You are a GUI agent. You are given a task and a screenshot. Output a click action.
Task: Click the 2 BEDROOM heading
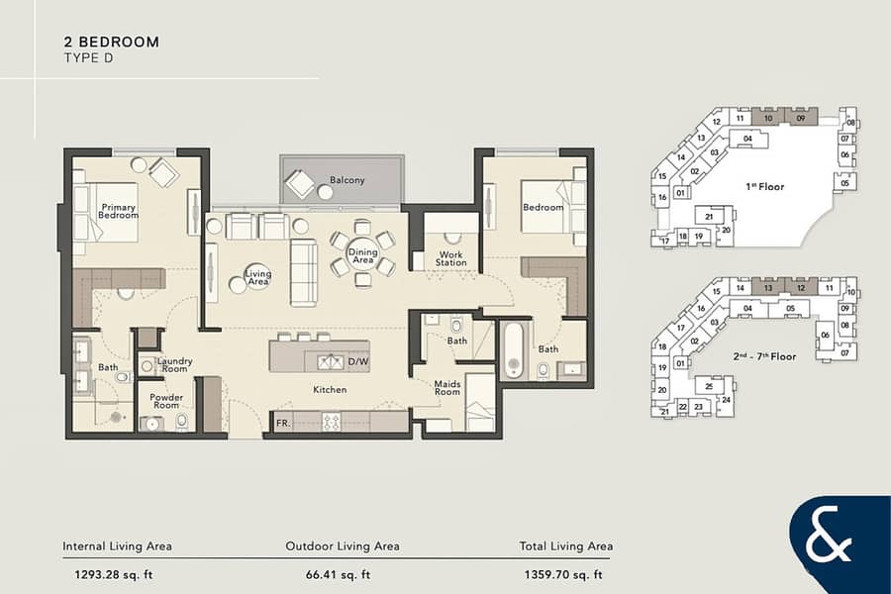tap(111, 42)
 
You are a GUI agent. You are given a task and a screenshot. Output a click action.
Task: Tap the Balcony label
tap(346, 180)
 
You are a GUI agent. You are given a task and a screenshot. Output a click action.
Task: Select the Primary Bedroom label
tap(118, 211)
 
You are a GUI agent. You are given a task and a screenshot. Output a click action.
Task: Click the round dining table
tap(362, 255)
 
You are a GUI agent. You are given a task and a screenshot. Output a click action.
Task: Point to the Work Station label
tap(451, 258)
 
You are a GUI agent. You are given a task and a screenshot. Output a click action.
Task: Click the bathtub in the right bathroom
tap(513, 350)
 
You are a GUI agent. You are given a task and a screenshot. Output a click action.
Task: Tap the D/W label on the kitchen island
tap(358, 361)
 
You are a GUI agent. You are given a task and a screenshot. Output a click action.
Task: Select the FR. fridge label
tap(283, 423)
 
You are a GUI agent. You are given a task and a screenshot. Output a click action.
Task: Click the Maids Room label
tap(447, 388)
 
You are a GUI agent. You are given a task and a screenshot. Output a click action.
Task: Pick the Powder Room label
tap(166, 401)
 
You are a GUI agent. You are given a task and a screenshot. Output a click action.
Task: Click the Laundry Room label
tap(174, 365)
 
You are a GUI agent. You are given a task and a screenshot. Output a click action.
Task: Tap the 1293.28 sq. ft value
tap(114, 574)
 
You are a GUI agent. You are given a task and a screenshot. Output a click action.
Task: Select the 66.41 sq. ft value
tap(338, 574)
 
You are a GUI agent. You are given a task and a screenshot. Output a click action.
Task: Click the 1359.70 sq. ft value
tap(563, 574)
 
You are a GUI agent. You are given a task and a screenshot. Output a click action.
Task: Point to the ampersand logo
tap(829, 534)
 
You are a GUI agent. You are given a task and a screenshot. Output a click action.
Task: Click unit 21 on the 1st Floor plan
tap(709, 217)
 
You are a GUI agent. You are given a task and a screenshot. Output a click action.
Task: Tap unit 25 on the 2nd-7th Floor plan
tap(709, 386)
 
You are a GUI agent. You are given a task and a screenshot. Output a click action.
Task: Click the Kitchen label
tap(330, 390)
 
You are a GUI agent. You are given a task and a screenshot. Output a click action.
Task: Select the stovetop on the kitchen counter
tap(332, 421)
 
